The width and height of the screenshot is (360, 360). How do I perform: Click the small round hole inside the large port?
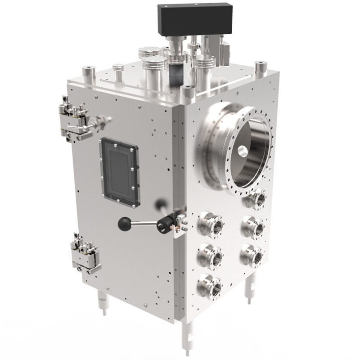tap(242, 151)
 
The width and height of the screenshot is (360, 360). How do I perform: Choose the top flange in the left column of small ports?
tap(210, 224)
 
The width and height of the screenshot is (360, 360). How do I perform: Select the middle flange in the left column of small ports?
tap(210, 256)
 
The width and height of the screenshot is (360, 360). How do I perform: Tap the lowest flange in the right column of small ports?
tap(252, 255)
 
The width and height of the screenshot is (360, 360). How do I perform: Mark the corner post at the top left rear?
tap(88, 72)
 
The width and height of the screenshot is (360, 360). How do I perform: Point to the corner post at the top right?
tap(260, 68)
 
